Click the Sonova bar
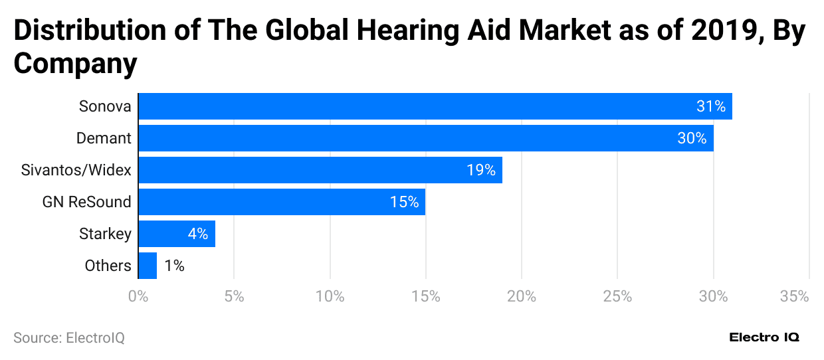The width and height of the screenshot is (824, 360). coord(435,106)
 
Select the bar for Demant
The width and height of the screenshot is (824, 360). coord(425,138)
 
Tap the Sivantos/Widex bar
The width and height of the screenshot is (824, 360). coord(320,170)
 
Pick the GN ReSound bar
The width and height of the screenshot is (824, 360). coord(281,202)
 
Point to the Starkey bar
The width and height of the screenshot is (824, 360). coord(176,234)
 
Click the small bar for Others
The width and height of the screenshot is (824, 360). coord(148,266)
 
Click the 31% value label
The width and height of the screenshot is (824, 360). coord(710,106)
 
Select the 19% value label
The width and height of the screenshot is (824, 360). coord(480,170)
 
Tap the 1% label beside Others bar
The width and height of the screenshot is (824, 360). coord(173,266)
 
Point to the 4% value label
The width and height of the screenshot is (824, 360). coord(197,234)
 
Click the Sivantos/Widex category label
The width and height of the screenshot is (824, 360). coord(76,170)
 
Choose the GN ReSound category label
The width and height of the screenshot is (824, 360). coord(86,202)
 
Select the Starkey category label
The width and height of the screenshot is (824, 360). coord(105,234)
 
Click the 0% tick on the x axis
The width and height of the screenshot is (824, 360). coord(138,296)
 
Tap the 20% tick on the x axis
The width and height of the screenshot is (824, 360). coord(522,296)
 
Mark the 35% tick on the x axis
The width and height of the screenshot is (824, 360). coord(794,296)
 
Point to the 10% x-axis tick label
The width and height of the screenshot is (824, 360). coord(330,296)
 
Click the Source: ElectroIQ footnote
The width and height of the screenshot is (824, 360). coord(69,337)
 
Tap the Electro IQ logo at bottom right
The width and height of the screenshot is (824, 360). coord(764,337)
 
